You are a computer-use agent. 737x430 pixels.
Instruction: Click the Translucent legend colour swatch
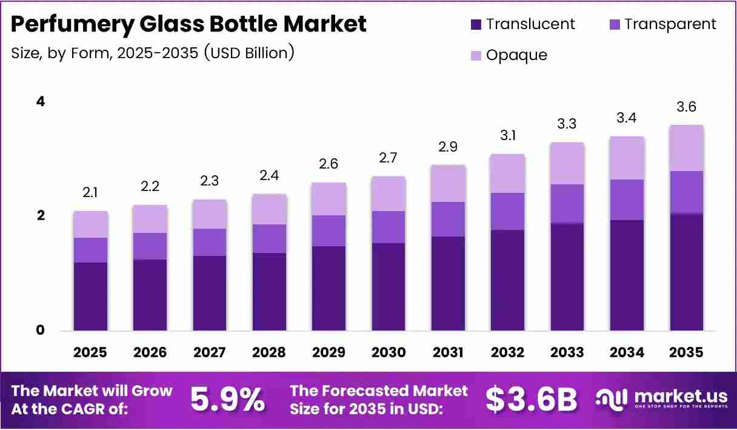(x=476, y=24)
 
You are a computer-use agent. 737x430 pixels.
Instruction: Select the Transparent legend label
(x=670, y=24)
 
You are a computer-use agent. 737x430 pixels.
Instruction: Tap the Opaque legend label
(x=516, y=55)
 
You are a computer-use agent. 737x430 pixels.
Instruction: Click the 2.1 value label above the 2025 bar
(x=90, y=193)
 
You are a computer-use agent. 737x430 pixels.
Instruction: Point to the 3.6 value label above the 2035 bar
(x=686, y=107)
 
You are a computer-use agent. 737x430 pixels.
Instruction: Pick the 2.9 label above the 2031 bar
(x=448, y=147)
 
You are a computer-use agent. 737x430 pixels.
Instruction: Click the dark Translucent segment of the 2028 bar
(x=269, y=292)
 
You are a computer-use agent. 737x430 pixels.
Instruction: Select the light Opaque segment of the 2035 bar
(x=687, y=148)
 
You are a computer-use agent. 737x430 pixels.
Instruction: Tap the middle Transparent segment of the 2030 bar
(x=389, y=227)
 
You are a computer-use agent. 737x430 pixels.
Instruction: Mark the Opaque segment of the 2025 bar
(x=90, y=224)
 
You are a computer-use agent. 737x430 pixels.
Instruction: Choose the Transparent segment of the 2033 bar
(x=567, y=204)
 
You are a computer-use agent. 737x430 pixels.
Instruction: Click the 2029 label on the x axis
(x=328, y=352)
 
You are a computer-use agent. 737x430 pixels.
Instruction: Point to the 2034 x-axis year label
(x=627, y=352)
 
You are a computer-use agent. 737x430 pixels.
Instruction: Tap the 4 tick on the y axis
(x=41, y=101)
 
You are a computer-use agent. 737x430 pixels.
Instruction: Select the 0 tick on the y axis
(x=40, y=330)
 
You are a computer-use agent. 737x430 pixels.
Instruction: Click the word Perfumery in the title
(x=72, y=25)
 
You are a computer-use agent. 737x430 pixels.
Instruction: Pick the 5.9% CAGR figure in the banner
(x=227, y=400)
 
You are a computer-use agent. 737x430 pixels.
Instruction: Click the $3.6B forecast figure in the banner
(x=531, y=400)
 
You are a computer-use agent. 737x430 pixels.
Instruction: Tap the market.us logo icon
(x=612, y=400)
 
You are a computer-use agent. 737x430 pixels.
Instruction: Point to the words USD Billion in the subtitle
(x=249, y=53)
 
